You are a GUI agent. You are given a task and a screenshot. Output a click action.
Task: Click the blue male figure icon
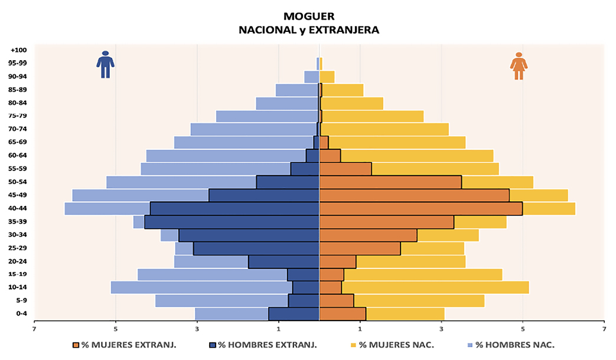click(x=105, y=64)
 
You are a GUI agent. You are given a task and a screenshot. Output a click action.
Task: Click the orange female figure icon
click(x=519, y=66)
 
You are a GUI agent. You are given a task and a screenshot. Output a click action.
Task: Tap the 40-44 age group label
click(x=17, y=208)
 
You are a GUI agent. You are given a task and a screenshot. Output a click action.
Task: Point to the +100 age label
click(x=18, y=50)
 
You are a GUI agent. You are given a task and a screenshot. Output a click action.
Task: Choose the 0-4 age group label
click(x=19, y=314)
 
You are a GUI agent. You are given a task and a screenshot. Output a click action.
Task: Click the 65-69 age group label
click(x=17, y=142)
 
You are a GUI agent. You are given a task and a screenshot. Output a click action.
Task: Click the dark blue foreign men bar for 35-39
click(x=232, y=222)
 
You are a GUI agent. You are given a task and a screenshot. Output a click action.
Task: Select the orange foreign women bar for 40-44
click(x=421, y=208)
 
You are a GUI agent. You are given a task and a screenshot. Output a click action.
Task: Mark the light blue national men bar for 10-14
click(x=201, y=287)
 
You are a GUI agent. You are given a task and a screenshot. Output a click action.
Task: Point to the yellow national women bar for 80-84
click(x=352, y=103)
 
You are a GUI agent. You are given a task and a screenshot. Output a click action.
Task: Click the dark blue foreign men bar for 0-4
click(x=294, y=314)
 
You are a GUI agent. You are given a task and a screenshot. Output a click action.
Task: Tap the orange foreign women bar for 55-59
click(x=346, y=169)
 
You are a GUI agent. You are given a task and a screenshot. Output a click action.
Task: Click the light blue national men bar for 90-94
click(x=311, y=77)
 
